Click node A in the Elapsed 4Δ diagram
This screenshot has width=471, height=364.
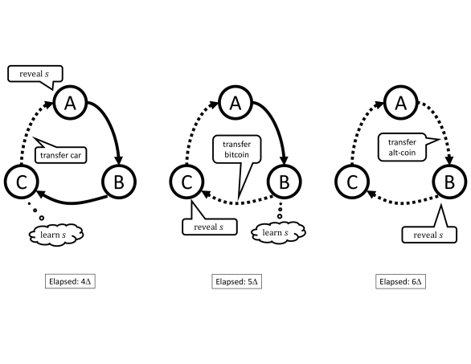coord(70,102)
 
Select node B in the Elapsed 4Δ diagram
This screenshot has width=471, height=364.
coord(118,183)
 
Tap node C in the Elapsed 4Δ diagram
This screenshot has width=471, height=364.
coord(22,183)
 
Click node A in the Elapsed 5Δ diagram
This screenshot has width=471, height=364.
coord(235,102)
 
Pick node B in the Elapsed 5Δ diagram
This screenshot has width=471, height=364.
coord(283,183)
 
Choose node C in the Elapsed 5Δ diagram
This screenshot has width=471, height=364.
coord(186,183)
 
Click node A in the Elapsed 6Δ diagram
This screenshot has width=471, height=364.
coord(399,102)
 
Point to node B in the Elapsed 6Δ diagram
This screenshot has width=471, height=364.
coord(448,183)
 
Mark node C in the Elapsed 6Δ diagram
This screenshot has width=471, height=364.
coord(351,183)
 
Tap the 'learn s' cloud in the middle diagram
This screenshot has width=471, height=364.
coord(272,233)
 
